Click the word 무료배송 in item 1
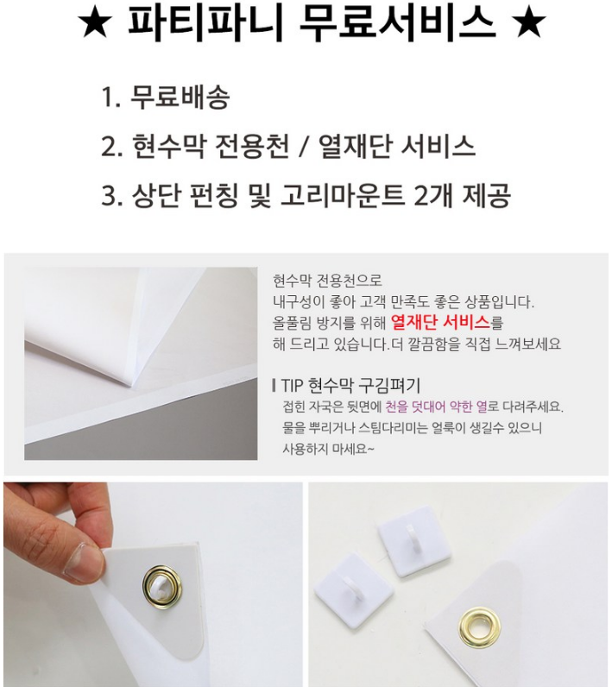(180, 97)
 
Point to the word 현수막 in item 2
(168, 146)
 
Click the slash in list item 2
(302, 147)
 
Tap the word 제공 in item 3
(486, 195)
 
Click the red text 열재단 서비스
(440, 323)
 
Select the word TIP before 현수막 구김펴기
(292, 386)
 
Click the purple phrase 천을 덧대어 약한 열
(436, 407)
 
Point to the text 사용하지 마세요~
(328, 449)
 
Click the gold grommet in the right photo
(480, 627)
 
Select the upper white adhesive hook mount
(414, 541)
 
